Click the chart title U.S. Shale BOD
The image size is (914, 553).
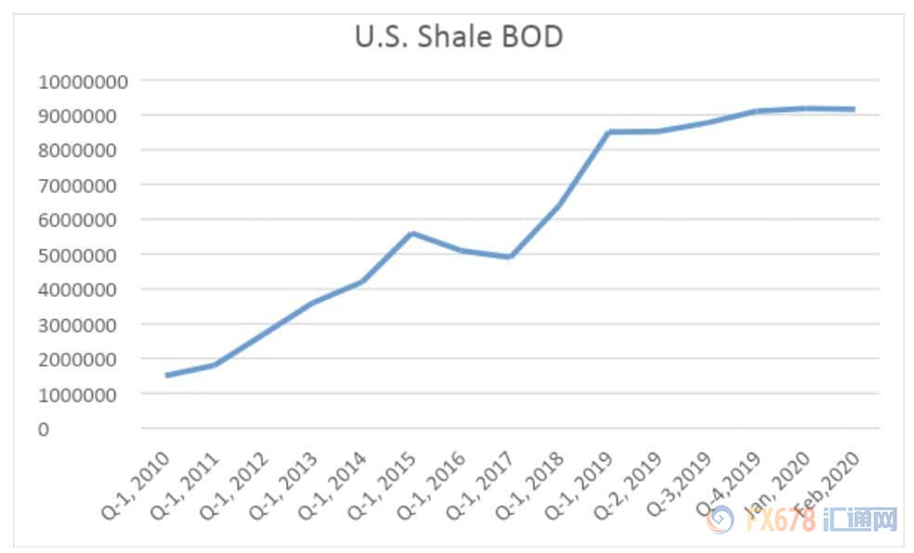[x=459, y=37]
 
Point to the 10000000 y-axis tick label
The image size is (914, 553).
[x=83, y=81]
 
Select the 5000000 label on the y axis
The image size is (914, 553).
[x=83, y=255]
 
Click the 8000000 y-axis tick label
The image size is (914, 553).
[x=83, y=150]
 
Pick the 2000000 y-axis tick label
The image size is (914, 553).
[x=83, y=360]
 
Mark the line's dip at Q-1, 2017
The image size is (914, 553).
[x=510, y=257]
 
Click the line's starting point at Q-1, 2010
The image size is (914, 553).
[x=166, y=375]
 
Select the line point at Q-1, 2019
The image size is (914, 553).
[x=608, y=132]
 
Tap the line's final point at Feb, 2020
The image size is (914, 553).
[x=854, y=109]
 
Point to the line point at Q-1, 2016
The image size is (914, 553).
[x=462, y=251]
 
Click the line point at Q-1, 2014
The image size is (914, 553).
[x=363, y=281]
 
